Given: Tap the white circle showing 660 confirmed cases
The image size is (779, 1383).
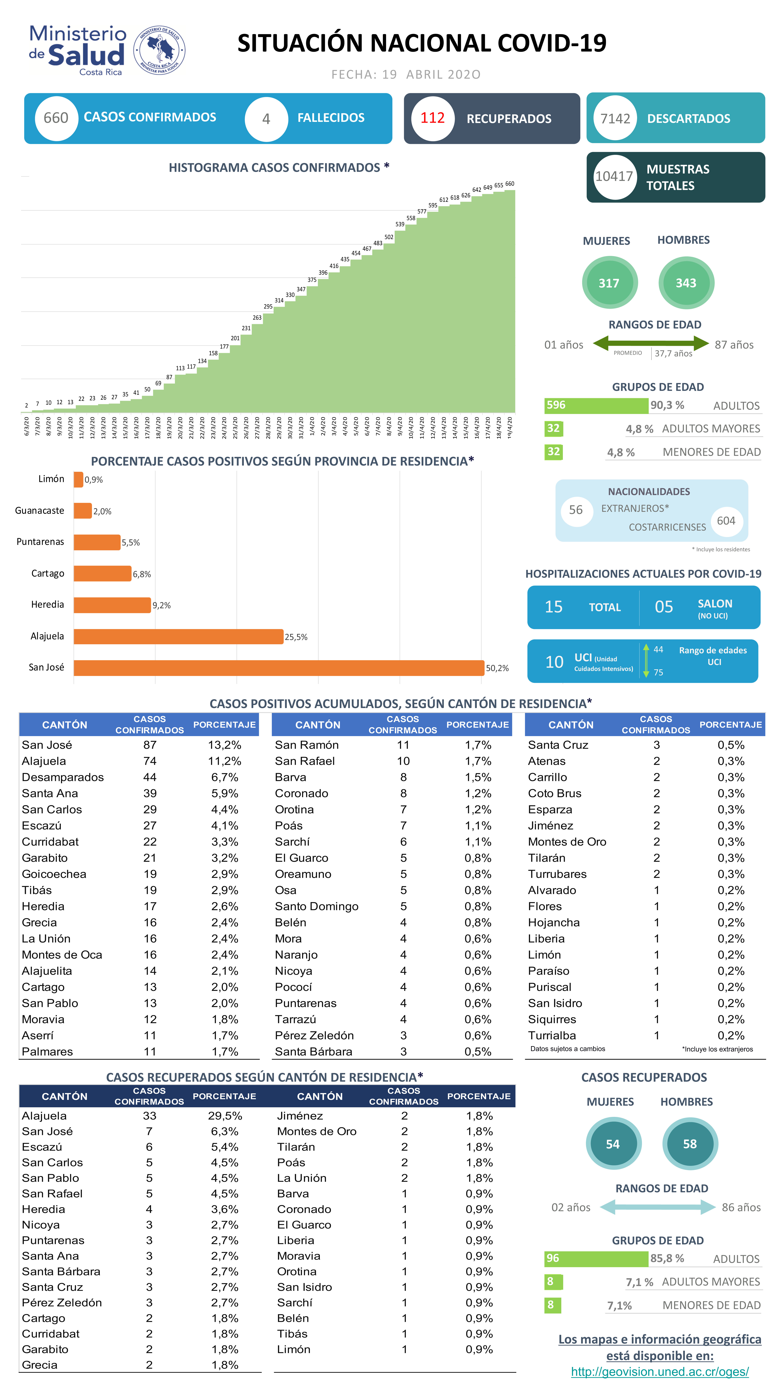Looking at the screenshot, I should tap(56, 118).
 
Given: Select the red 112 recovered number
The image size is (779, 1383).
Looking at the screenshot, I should tap(432, 118).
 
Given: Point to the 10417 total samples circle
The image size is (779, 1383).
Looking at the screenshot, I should tap(614, 177).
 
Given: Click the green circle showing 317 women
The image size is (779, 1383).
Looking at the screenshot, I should tap(609, 283).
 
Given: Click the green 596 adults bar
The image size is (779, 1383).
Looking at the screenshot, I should tap(596, 405).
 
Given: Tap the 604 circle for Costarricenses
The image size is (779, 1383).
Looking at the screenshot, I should tap(726, 521).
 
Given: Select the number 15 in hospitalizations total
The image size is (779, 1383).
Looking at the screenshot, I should tap(553, 607).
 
